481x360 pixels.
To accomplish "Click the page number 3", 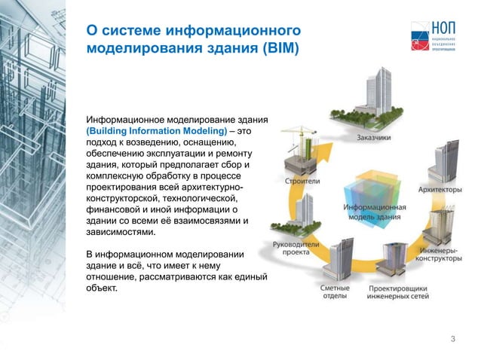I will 452,338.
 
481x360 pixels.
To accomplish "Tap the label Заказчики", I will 374,137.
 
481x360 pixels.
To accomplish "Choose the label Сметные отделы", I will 335,292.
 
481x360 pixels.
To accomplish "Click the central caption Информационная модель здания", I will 375,213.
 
